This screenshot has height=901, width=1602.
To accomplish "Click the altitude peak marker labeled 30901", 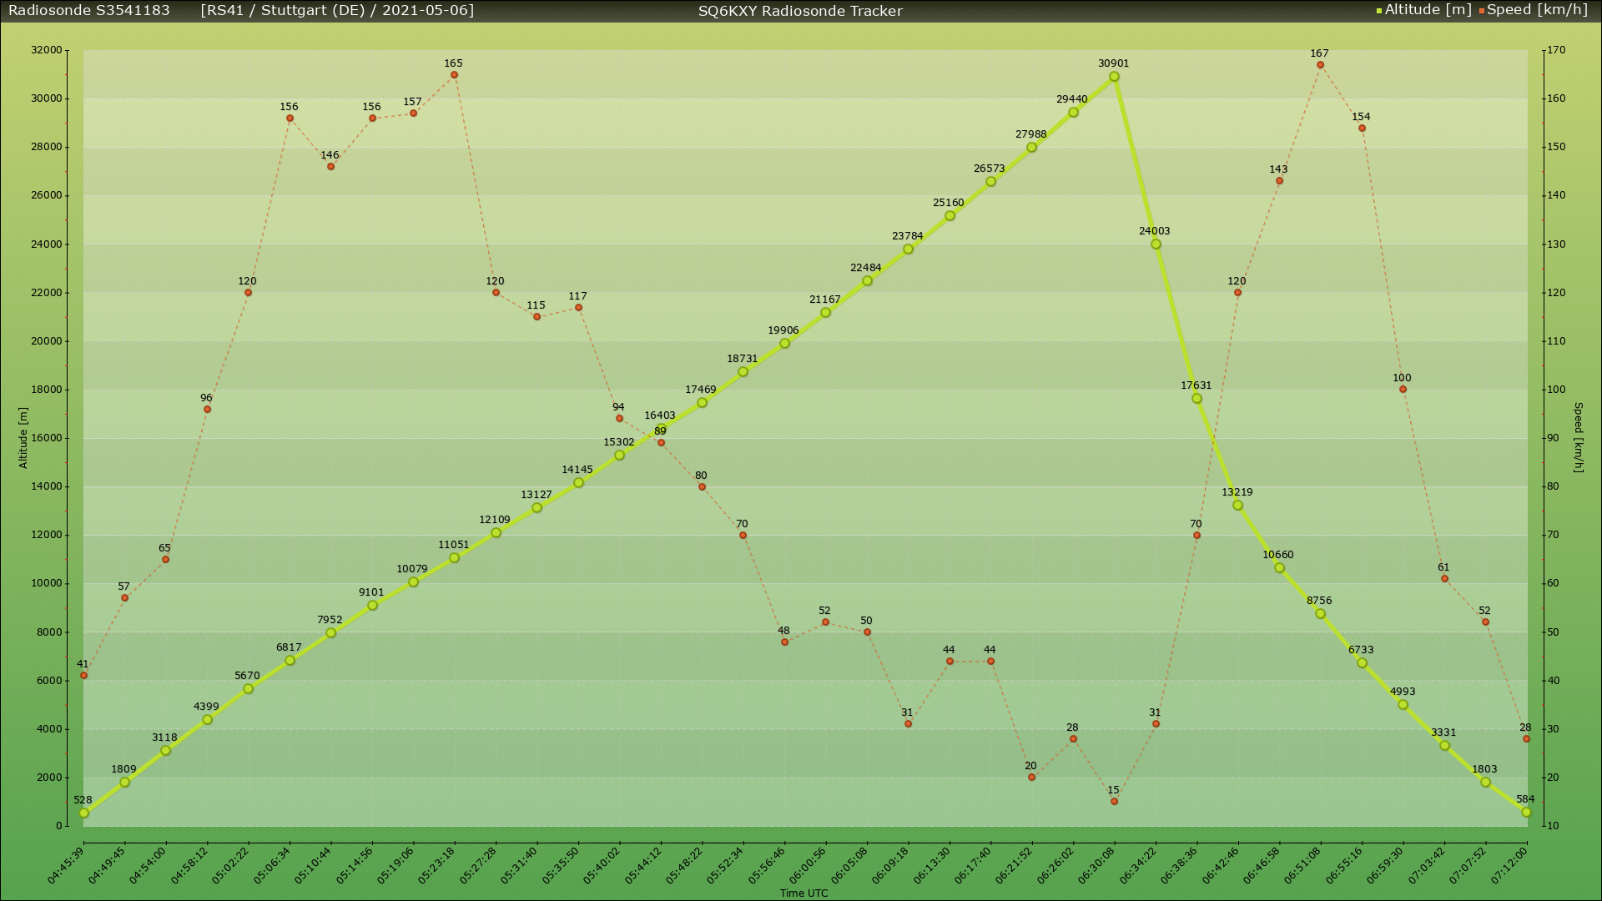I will pyautogui.click(x=1114, y=77).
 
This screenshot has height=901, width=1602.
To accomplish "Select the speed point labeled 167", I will pyautogui.click(x=1320, y=65).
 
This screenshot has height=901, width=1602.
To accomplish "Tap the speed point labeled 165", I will pyautogui.click(x=454, y=75).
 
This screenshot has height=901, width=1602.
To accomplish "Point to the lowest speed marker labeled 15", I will pyautogui.click(x=1114, y=802).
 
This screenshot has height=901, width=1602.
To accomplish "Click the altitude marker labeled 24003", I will pyautogui.click(x=1156, y=244).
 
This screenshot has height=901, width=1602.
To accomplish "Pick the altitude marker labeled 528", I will pyautogui.click(x=83, y=813).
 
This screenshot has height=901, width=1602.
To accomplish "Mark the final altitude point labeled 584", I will pyautogui.click(x=1526, y=813).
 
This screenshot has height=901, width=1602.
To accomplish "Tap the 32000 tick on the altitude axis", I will pyautogui.click(x=47, y=50).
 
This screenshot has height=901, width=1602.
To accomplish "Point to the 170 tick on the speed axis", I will pyautogui.click(x=1555, y=50).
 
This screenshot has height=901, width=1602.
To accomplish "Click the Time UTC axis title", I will pyautogui.click(x=804, y=893).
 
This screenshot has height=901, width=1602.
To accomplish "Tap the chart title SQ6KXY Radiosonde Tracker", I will pyautogui.click(x=800, y=11).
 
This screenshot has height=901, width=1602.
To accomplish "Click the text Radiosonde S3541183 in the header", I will pyautogui.click(x=89, y=10).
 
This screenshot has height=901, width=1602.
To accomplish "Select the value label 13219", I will pyautogui.click(x=1237, y=492).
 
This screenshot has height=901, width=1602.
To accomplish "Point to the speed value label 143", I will pyautogui.click(x=1278, y=169).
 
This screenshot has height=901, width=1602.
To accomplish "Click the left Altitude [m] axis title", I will pyautogui.click(x=23, y=438).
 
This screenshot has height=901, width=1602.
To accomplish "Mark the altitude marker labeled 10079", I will pyautogui.click(x=413, y=582).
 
